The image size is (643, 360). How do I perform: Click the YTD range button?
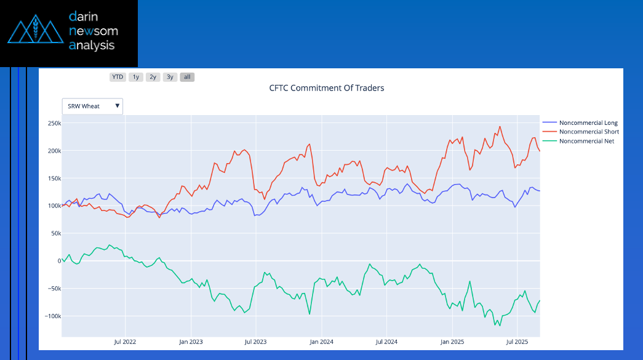[x=118, y=77]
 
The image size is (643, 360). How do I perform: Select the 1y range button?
[x=136, y=77]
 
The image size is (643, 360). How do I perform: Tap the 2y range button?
[x=153, y=77]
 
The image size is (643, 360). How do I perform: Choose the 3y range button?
[x=170, y=77]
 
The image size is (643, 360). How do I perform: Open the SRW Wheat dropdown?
[x=92, y=106]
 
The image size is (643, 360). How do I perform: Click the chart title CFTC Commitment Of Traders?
[x=326, y=88]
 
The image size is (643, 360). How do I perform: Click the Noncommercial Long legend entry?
[x=588, y=123]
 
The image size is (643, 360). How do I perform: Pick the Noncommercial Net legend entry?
[x=586, y=141]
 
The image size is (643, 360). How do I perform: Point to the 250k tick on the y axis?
[x=54, y=123]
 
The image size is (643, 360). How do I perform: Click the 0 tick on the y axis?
[x=59, y=261]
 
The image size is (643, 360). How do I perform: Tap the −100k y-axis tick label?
[x=52, y=316]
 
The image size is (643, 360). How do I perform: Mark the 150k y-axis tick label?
[x=54, y=178]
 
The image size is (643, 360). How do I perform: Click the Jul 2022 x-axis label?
[x=126, y=341]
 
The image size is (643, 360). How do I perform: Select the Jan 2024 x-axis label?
[x=322, y=341]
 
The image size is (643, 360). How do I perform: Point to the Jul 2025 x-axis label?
[x=517, y=341]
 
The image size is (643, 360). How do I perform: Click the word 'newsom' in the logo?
[x=94, y=31]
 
